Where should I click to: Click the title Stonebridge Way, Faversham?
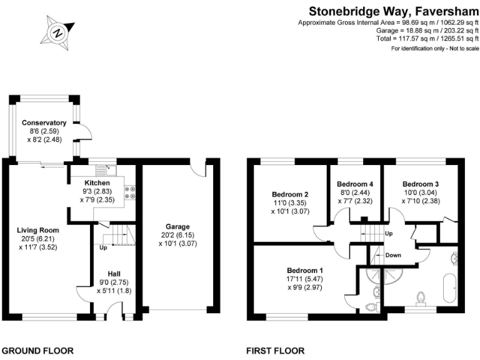[392, 11]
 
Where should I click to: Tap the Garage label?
[177, 226]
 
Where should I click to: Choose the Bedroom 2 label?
[290, 194]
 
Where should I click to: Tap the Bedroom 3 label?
[420, 184]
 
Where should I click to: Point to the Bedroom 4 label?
[355, 184]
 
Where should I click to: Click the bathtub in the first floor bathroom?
[447, 289]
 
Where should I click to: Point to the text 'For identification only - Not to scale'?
[434, 48]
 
